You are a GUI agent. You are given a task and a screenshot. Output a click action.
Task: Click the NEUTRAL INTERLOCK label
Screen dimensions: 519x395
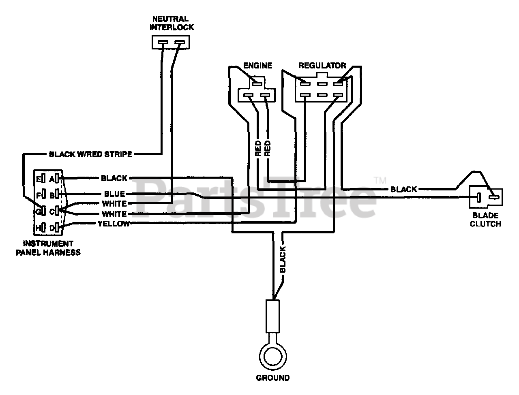[172, 23]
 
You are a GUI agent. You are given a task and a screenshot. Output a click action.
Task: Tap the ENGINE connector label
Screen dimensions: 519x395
[257, 66]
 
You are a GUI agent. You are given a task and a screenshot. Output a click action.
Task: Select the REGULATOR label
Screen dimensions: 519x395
[322, 66]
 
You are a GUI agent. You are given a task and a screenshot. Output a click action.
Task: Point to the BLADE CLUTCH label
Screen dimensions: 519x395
[485, 220]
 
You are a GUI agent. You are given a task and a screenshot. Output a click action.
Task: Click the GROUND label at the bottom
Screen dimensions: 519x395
[272, 378]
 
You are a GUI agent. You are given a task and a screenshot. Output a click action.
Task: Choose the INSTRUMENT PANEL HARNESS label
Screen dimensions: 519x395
[48, 248]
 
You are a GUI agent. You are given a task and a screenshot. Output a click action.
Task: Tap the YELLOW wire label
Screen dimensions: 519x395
[114, 224]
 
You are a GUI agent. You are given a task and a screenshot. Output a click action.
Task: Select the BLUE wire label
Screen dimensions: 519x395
[114, 194]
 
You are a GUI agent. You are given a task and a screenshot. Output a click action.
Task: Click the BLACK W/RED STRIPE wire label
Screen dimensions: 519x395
[90, 154]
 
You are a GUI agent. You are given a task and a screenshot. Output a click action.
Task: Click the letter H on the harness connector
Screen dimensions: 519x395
[38, 228]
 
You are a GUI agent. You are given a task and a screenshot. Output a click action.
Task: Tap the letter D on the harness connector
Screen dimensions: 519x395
[52, 228]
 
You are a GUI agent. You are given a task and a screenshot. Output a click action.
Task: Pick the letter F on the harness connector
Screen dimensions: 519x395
[38, 195]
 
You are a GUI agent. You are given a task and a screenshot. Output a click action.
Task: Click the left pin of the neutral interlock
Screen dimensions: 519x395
[163, 42]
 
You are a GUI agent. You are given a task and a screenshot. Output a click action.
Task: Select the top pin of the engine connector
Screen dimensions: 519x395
[257, 83]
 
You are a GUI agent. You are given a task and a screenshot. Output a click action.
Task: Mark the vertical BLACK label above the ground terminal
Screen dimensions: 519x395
[283, 259]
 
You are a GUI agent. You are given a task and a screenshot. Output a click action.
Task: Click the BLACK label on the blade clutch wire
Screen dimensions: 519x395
[403, 189]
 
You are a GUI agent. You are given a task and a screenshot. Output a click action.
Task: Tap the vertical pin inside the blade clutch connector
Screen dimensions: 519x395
[478, 198]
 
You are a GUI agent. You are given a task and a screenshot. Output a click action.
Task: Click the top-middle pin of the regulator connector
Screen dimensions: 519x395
[322, 83]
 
